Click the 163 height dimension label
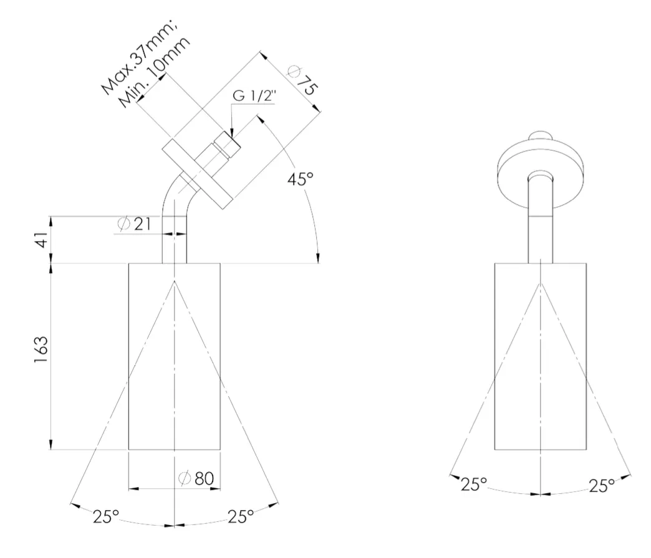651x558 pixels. tap(42, 349)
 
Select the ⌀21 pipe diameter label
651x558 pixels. tap(134, 224)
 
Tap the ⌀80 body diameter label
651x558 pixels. tap(196, 478)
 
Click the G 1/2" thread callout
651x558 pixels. tap(254, 96)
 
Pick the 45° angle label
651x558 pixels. tap(301, 179)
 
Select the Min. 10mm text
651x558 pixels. tap(154, 73)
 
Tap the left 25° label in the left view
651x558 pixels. tap(106, 516)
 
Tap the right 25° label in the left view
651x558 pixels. tap(241, 516)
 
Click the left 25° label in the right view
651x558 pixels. tap(473, 484)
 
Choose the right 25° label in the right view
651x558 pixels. tap(602, 486)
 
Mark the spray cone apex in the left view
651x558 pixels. tap(175, 281)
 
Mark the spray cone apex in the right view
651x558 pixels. tap(540, 283)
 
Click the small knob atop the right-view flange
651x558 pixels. tap(540, 136)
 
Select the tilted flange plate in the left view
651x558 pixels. tap(197, 174)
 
